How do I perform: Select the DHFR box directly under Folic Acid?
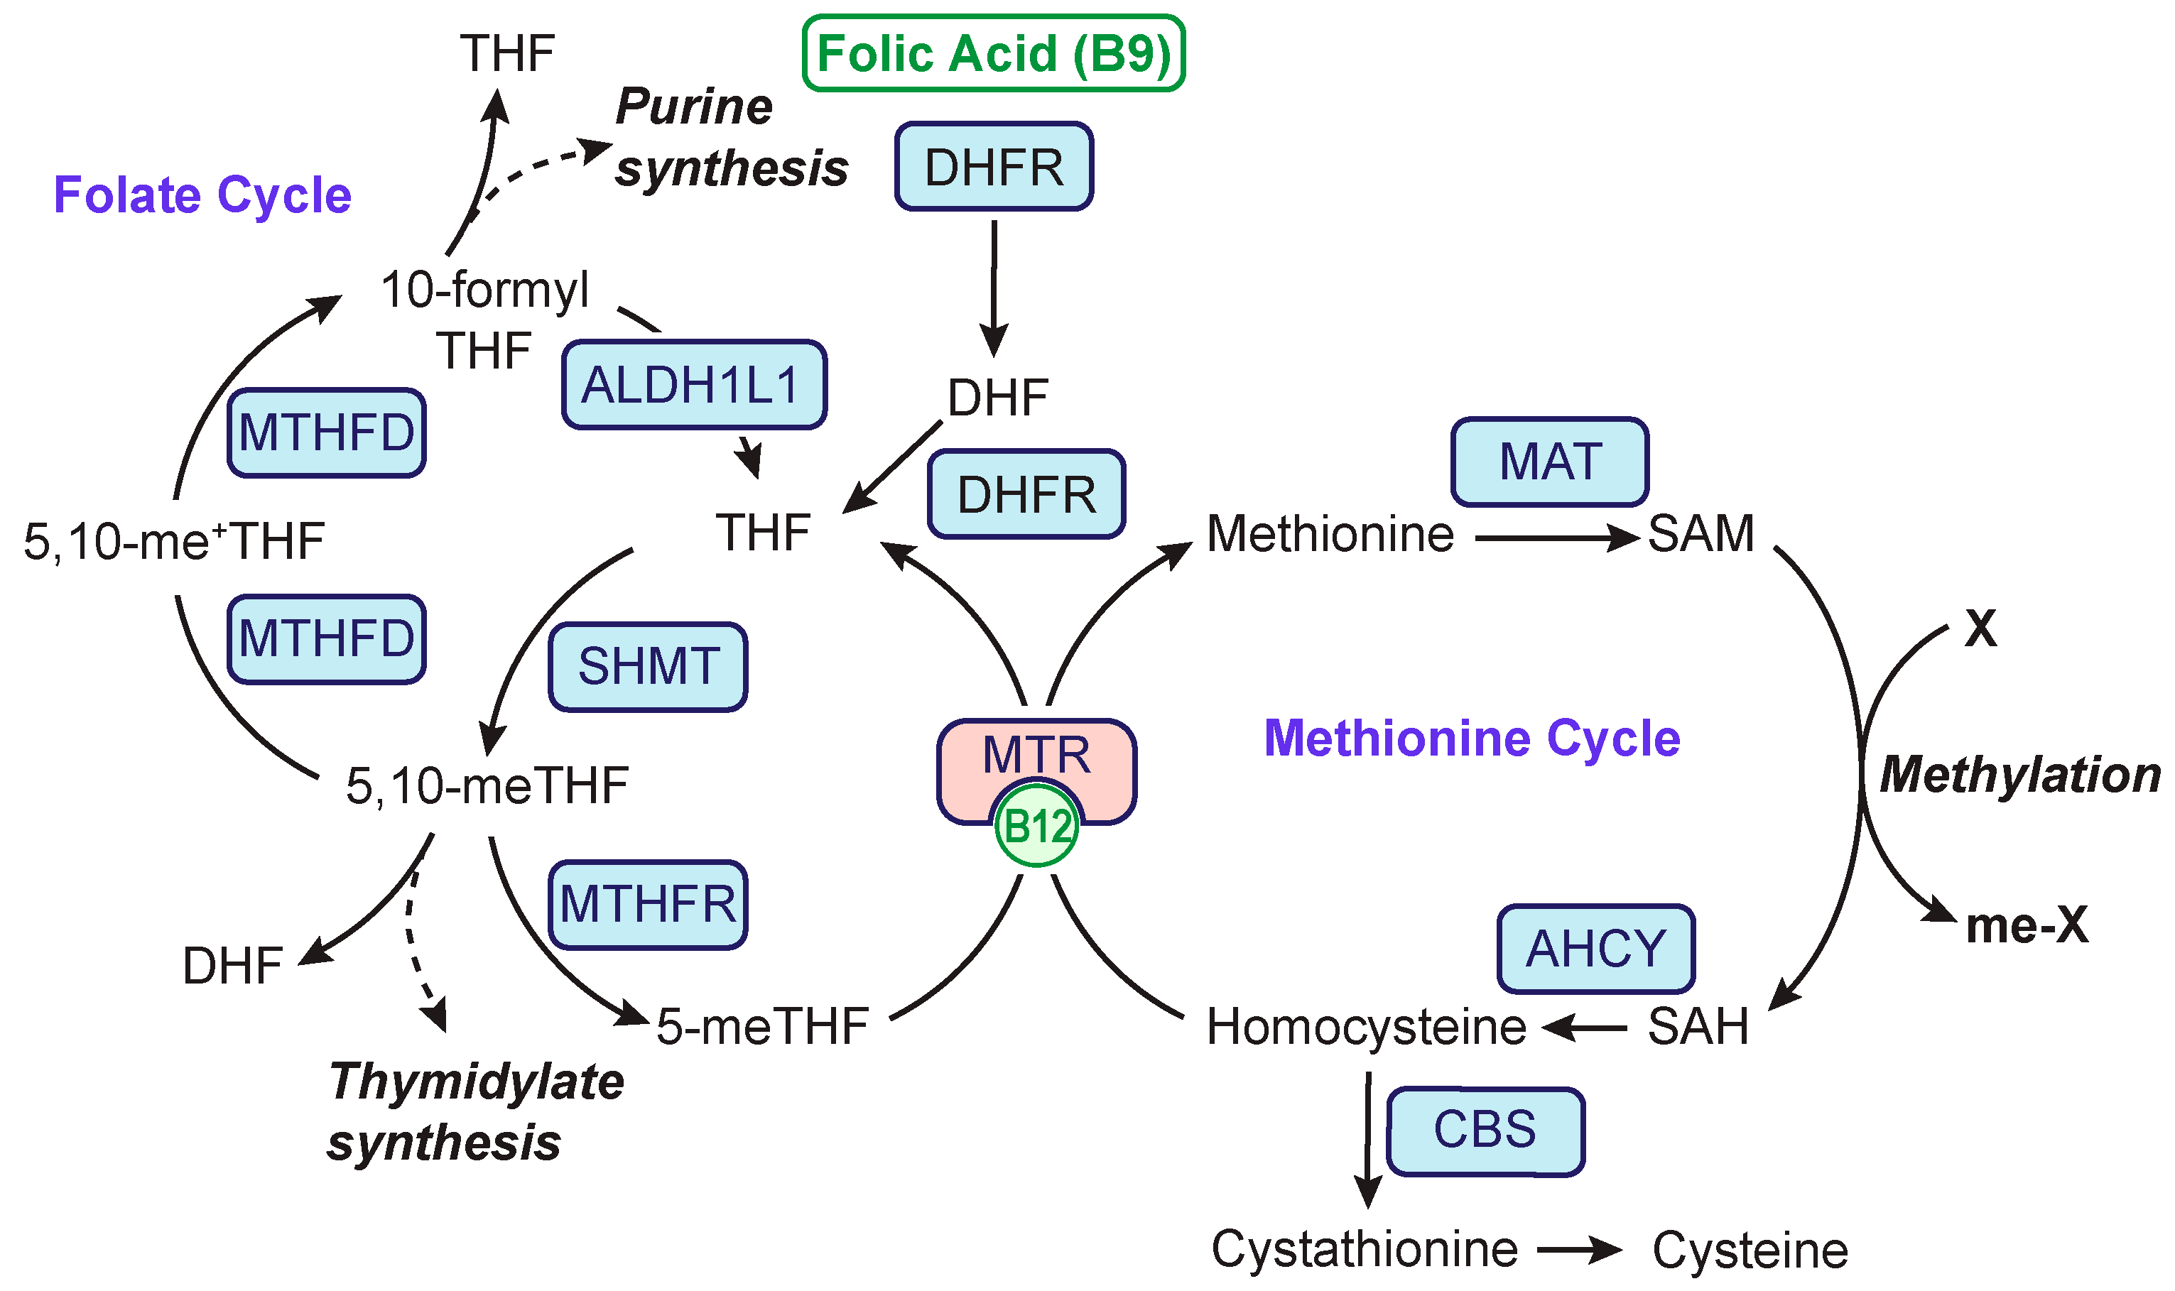(x=994, y=166)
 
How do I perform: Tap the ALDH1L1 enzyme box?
(x=693, y=384)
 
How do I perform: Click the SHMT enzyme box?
(x=647, y=666)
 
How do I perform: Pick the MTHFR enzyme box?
(x=647, y=904)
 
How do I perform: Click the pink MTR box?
(x=1036, y=755)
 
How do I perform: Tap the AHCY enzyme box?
(x=1595, y=948)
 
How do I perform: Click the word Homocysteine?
(x=1365, y=1028)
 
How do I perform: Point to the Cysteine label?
(x=1750, y=1251)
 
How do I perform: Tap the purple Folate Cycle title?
(x=202, y=194)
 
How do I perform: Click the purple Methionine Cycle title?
(x=1471, y=738)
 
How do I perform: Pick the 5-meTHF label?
(x=762, y=1027)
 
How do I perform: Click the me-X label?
(x=2027, y=925)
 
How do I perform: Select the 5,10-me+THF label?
(x=174, y=541)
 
